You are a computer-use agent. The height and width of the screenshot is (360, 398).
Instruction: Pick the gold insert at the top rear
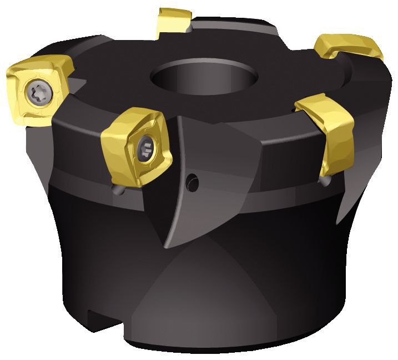click(x=173, y=23)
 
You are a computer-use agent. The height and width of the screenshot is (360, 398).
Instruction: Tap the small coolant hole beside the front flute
click(x=192, y=179)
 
